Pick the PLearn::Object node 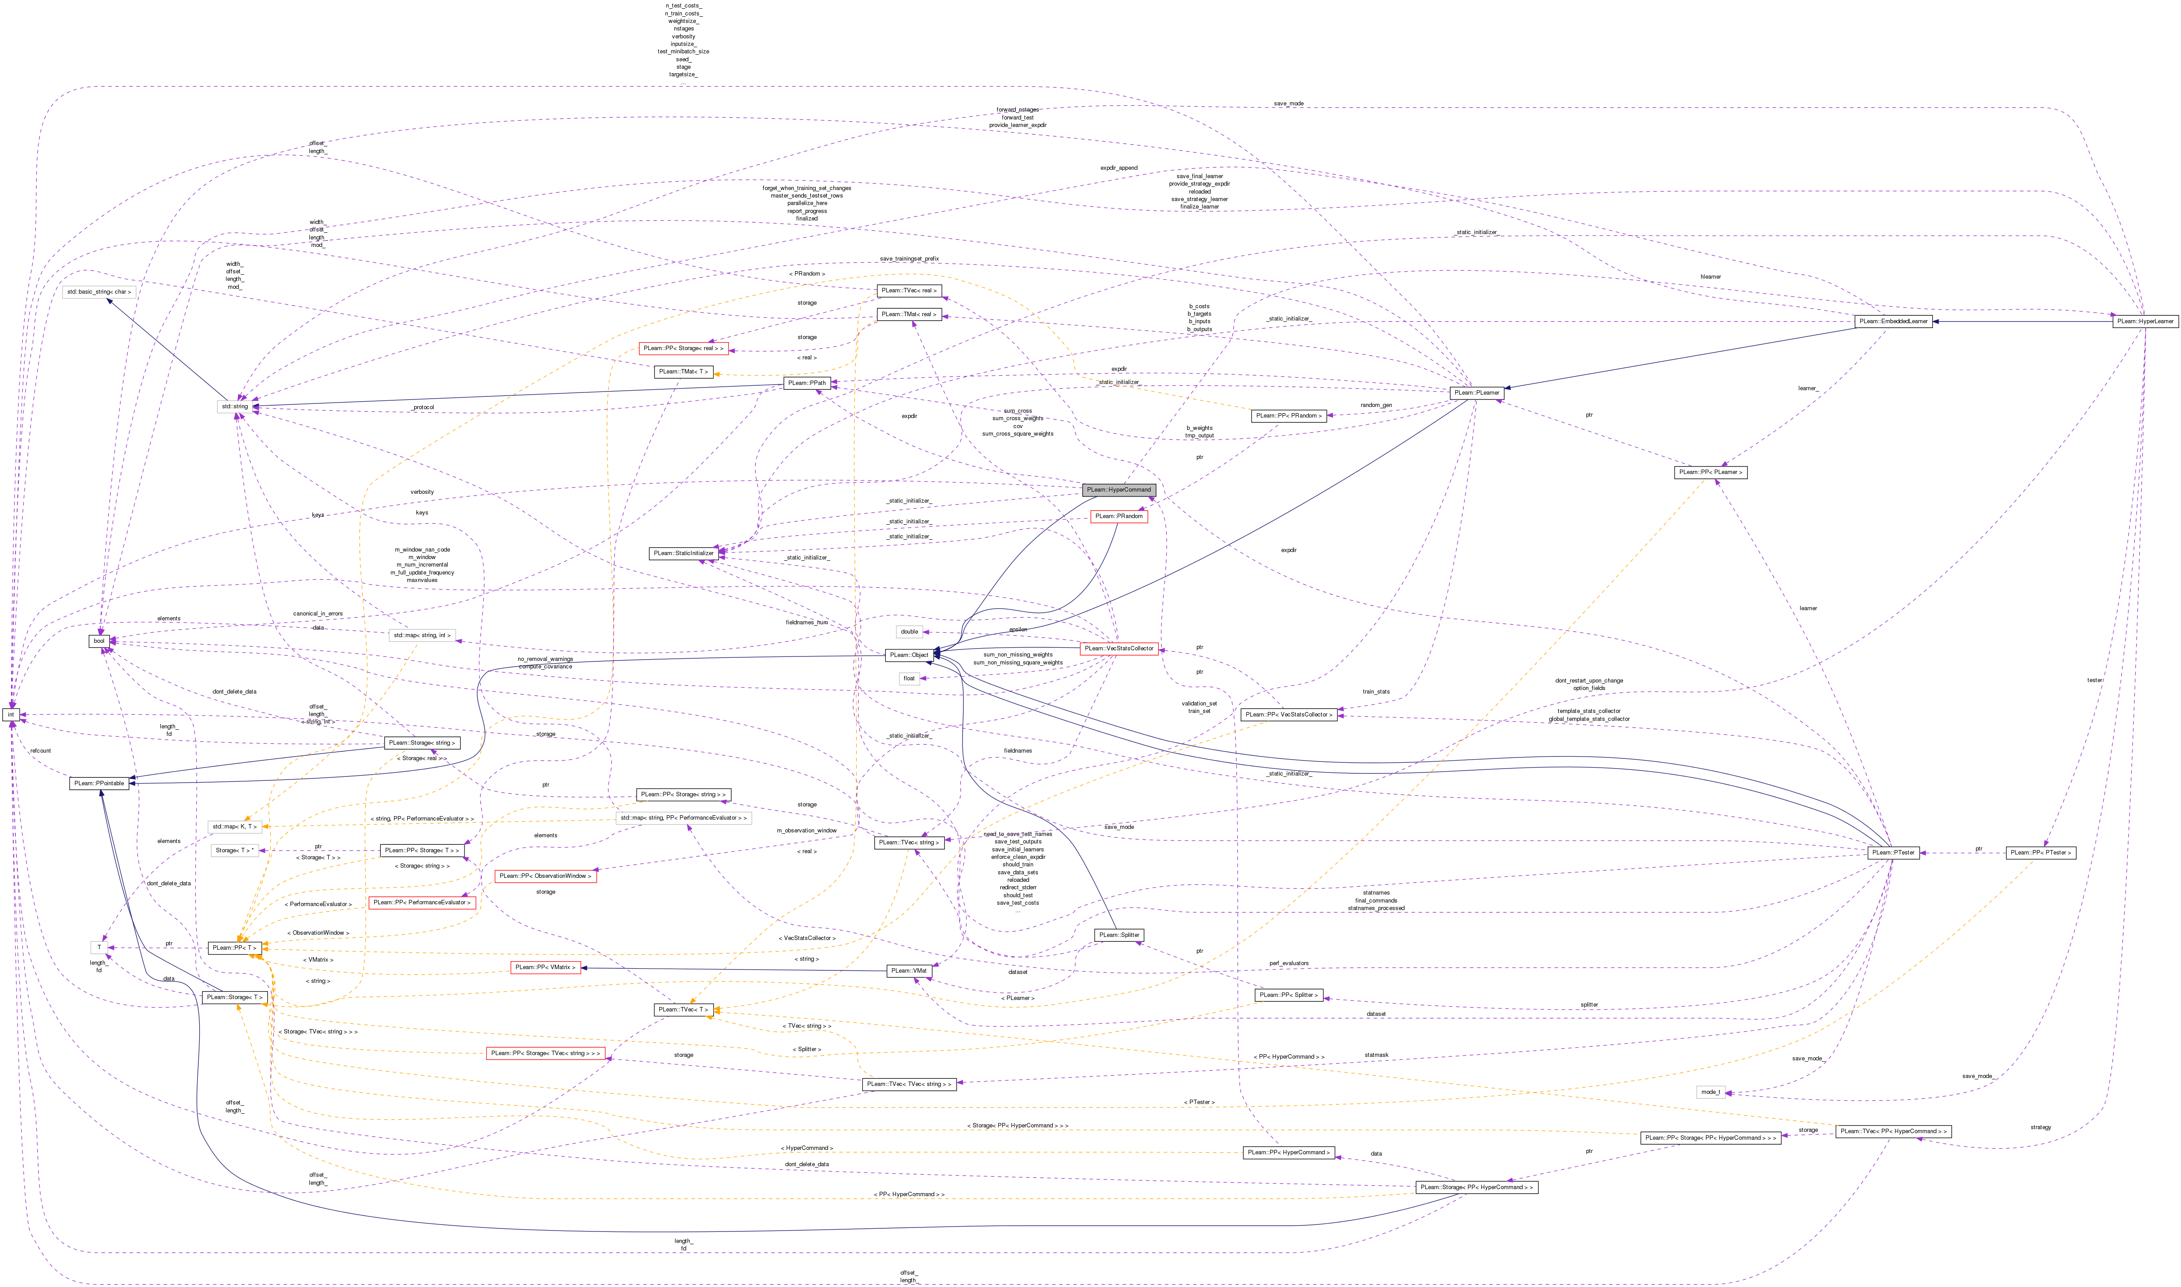pyautogui.click(x=908, y=655)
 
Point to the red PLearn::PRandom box pyautogui.click(x=1119, y=516)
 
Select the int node pyautogui.click(x=11, y=715)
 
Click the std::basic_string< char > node pyautogui.click(x=98, y=291)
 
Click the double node pyautogui.click(x=908, y=631)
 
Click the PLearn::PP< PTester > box pyautogui.click(x=2040, y=853)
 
